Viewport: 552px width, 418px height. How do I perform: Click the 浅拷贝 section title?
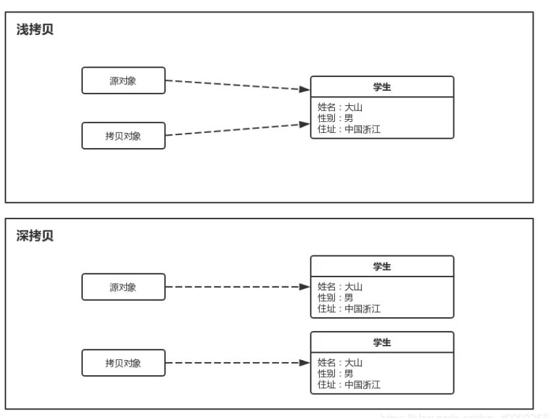(35, 30)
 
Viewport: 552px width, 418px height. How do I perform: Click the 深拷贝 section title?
(35, 236)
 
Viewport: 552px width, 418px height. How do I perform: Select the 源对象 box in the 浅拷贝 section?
(123, 80)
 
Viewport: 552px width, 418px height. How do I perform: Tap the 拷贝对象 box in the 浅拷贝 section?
(123, 136)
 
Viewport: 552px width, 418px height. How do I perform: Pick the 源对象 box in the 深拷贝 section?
(123, 287)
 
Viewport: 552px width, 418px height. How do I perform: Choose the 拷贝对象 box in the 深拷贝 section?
(123, 363)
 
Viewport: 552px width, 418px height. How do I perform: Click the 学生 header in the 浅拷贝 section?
(382, 87)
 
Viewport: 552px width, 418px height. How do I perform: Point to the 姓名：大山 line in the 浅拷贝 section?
(339, 107)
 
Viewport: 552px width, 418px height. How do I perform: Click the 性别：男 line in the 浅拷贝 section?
(335, 118)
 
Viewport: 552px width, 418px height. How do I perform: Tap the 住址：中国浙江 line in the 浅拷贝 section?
(349, 129)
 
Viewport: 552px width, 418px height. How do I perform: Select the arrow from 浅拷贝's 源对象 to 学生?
(237, 85)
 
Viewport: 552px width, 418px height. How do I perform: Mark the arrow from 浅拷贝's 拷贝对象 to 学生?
(237, 129)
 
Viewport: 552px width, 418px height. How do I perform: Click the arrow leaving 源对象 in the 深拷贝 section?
(237, 287)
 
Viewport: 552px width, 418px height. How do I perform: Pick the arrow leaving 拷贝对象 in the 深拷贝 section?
(237, 363)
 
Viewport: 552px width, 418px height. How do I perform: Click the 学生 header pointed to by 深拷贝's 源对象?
(382, 267)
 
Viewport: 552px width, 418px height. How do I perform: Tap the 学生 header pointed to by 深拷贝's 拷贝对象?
(382, 342)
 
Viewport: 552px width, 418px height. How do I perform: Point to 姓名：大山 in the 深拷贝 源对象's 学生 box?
(339, 286)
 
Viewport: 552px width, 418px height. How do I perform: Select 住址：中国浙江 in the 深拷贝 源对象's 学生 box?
(349, 309)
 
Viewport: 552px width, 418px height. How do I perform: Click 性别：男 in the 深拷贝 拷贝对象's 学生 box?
(335, 373)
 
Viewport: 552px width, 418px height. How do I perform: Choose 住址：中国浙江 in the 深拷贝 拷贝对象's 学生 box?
(349, 384)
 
